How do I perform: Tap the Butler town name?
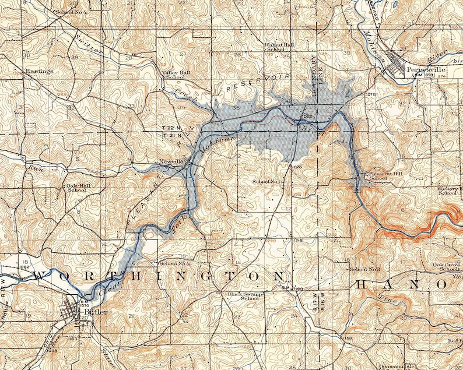point(93,311)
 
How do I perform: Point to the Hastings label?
point(39,71)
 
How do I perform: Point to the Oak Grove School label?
point(448,267)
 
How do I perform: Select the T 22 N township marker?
point(171,126)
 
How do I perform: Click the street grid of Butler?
point(76,309)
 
